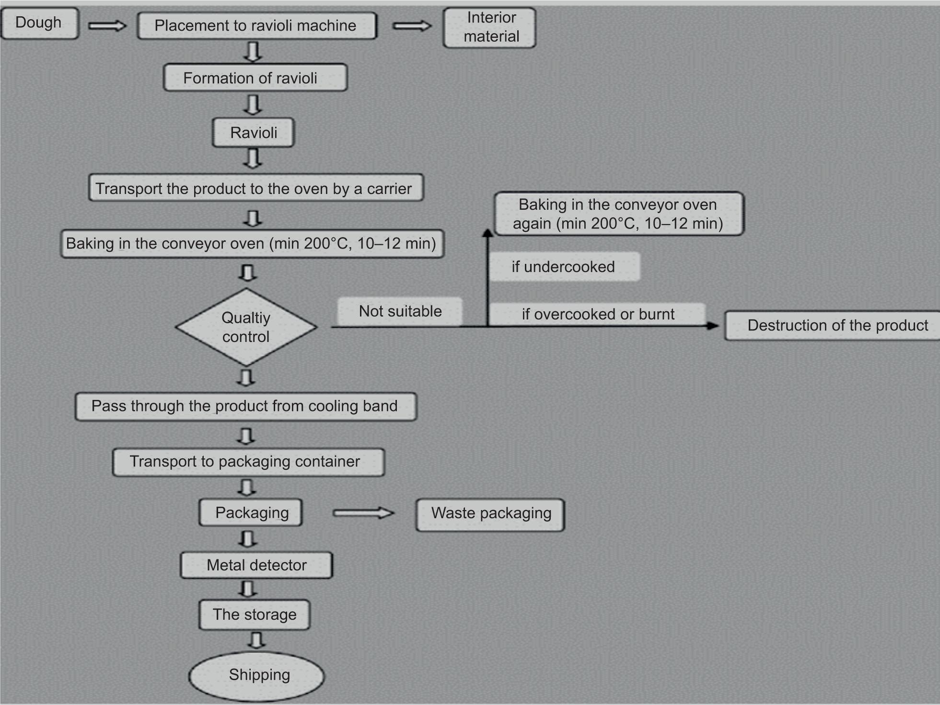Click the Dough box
pos(39,23)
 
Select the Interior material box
pos(489,27)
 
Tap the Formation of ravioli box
pos(255,78)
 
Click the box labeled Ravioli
pos(253,133)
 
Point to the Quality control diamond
pos(246,327)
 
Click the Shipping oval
pos(257,675)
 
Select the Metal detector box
pos(256,565)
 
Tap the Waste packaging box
pos(490,514)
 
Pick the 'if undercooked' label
pos(563,267)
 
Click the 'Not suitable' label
pos(400,311)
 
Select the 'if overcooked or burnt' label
pos(598,314)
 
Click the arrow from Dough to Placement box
pos(107,26)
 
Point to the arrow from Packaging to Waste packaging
pos(363,513)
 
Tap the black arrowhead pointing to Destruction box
pos(713,326)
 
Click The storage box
pos(255,614)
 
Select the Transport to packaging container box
pos(248,462)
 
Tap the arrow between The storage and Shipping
pos(257,640)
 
